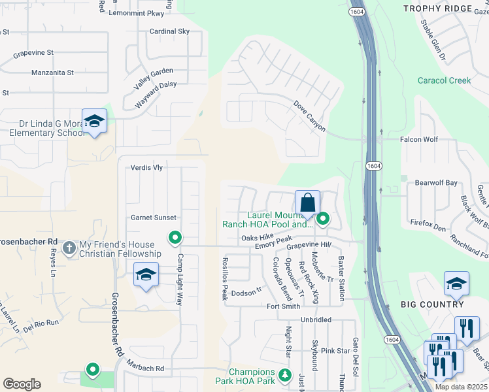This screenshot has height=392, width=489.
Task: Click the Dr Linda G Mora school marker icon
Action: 95,122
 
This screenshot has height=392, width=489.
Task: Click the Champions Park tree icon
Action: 284,375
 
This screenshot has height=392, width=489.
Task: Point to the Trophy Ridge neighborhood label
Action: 447,8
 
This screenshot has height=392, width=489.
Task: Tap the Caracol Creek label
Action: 445,80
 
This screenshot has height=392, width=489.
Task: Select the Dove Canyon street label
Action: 309,116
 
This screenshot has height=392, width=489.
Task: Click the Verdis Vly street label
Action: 146,168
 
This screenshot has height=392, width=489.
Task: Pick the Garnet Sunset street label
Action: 154,218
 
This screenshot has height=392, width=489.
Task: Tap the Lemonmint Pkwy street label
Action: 135,12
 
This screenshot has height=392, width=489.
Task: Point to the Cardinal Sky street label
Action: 169,31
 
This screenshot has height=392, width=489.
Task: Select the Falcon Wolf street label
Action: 420,140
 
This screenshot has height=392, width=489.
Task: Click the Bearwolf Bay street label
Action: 433,183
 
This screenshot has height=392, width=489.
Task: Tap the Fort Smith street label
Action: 283,306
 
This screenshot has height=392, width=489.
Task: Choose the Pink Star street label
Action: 335,351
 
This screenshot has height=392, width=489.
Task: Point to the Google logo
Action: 22,384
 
